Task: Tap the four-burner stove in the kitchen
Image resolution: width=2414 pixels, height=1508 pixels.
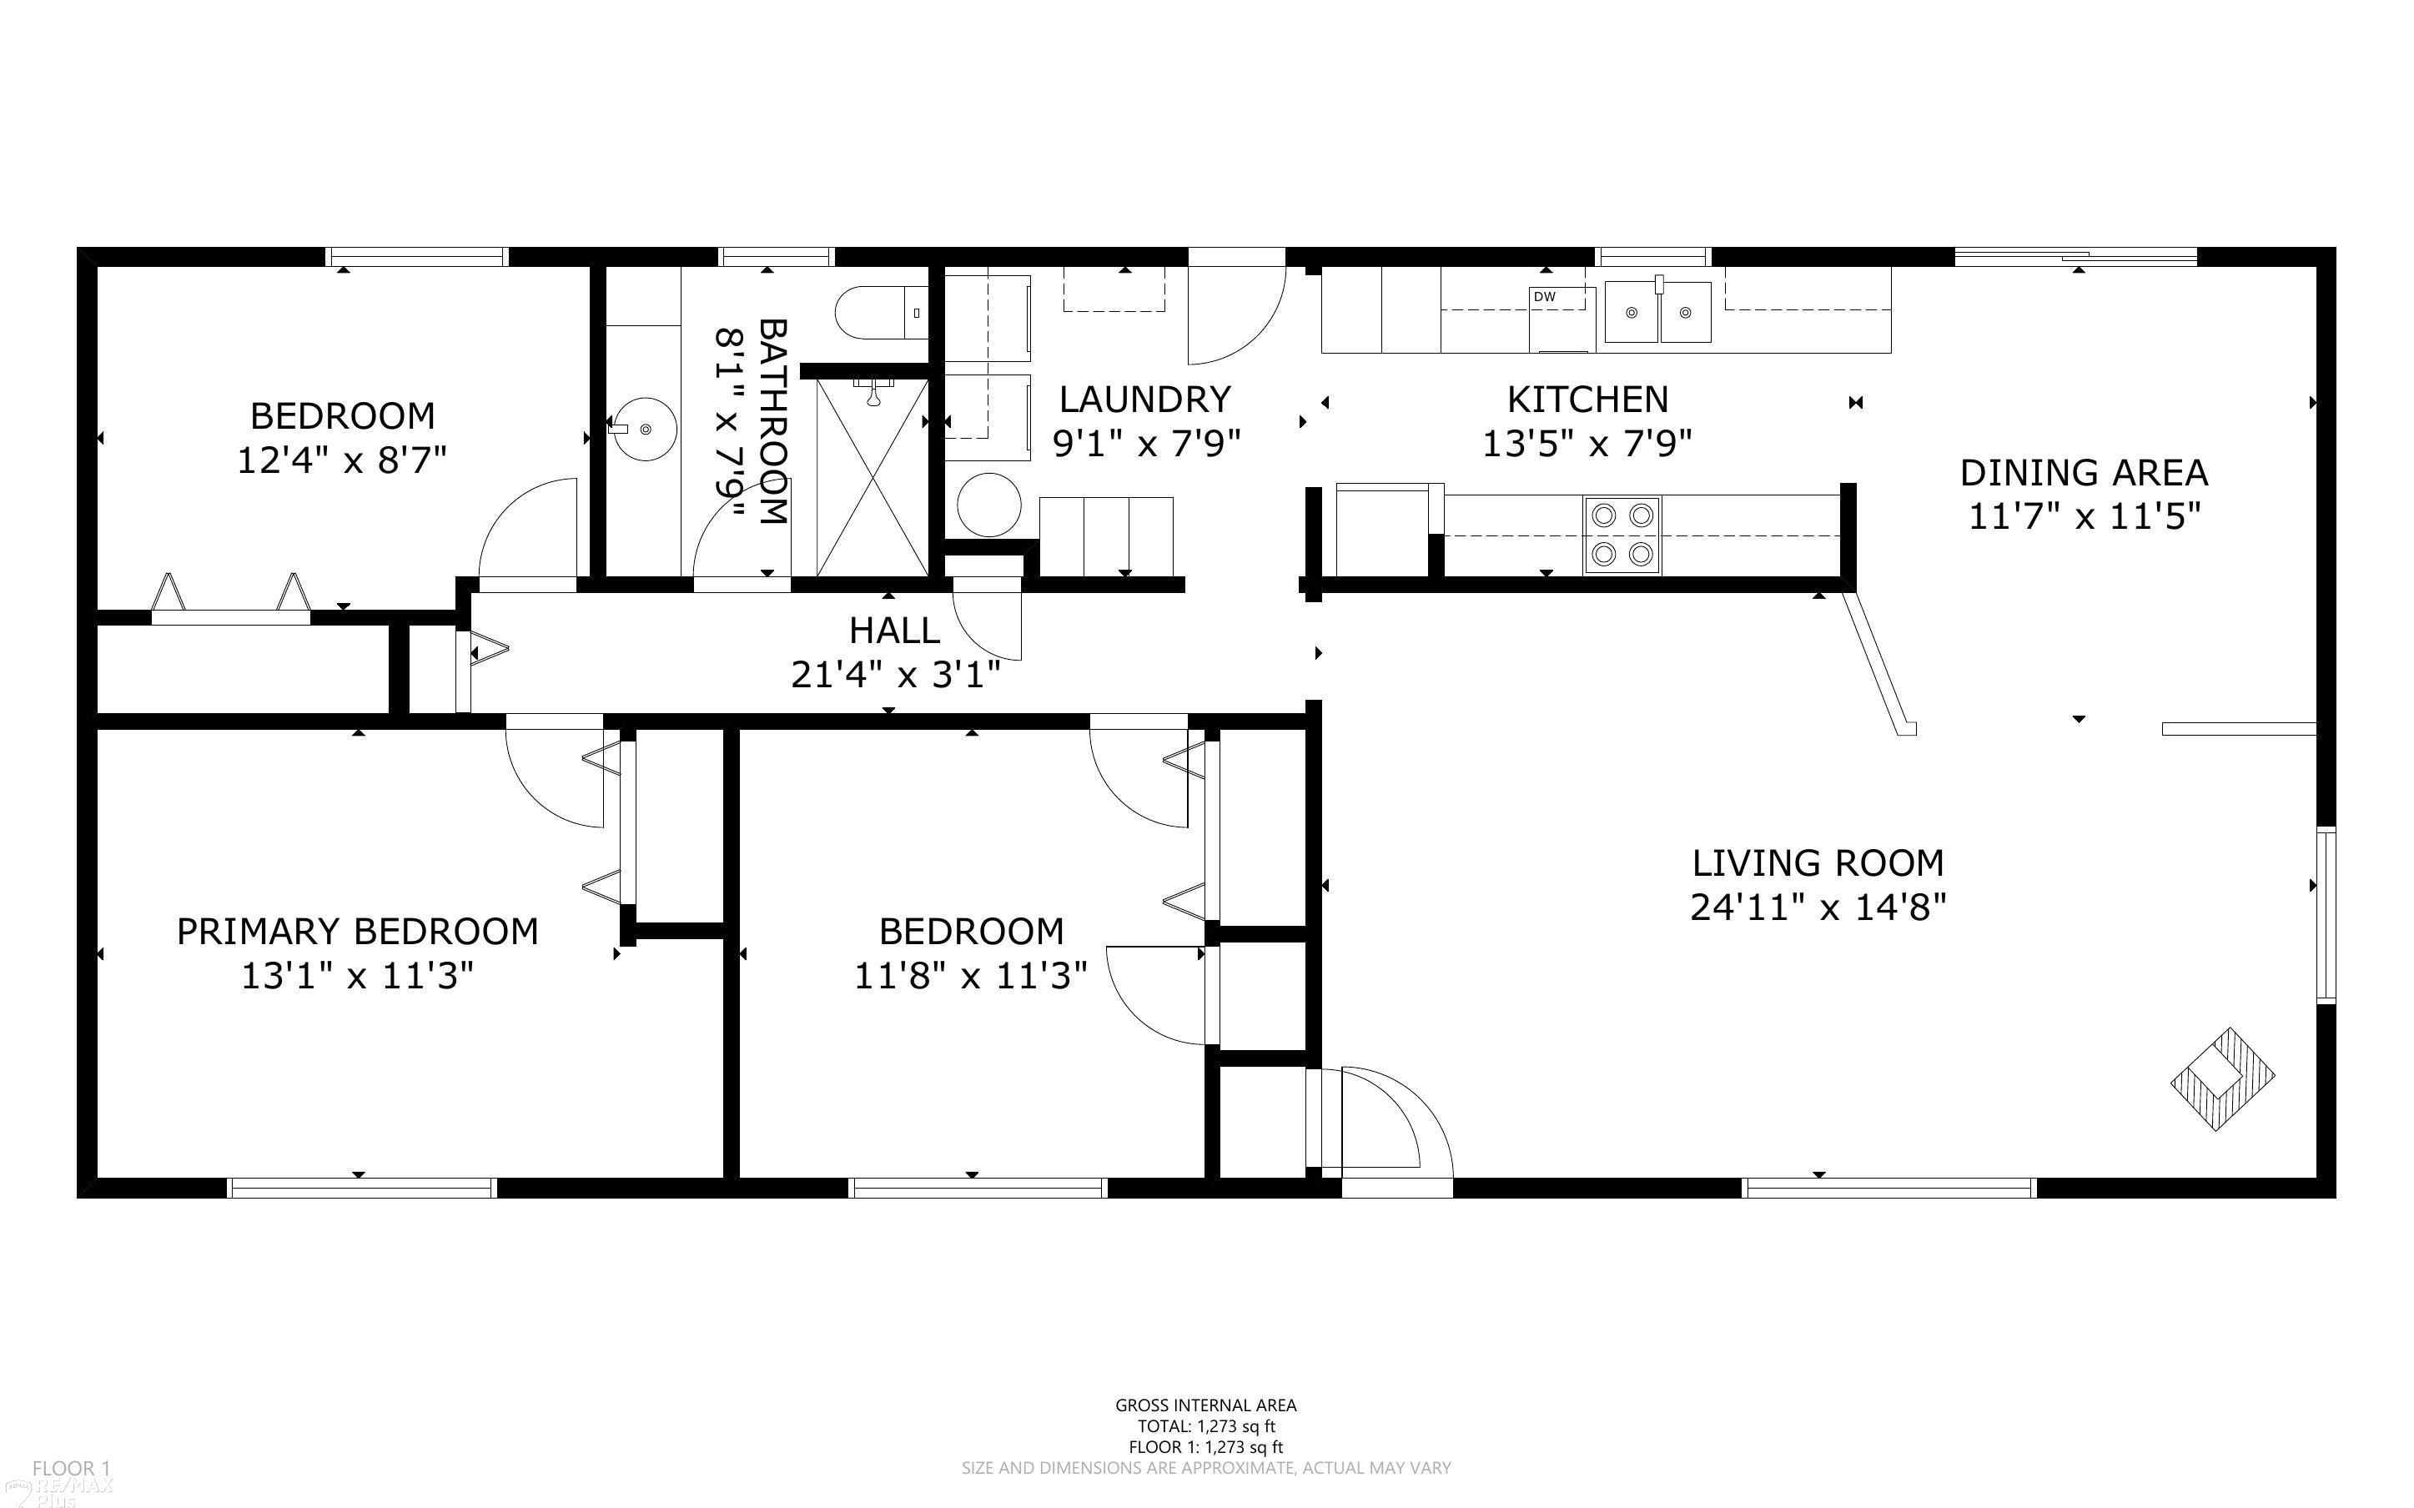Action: (x=1622, y=535)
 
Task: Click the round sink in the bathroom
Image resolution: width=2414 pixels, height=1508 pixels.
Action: (x=643, y=429)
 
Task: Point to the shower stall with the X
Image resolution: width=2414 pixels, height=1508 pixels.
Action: (x=873, y=477)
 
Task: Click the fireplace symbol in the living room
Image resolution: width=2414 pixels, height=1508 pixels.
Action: (x=2222, y=1079)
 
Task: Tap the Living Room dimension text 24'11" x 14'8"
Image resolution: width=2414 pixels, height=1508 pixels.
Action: (x=1818, y=907)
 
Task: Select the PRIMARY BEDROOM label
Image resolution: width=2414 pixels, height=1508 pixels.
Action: (x=357, y=931)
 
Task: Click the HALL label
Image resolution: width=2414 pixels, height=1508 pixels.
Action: (x=893, y=631)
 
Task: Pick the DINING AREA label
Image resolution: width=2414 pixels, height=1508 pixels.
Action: (x=2084, y=472)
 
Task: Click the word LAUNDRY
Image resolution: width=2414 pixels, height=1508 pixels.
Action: (x=1144, y=399)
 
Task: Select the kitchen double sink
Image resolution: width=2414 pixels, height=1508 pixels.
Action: (x=1657, y=312)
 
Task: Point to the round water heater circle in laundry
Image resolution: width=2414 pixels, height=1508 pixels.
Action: (x=989, y=505)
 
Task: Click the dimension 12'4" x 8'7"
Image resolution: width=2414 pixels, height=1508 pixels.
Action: (x=341, y=460)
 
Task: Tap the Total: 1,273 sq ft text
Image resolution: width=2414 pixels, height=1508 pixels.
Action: (x=1205, y=1426)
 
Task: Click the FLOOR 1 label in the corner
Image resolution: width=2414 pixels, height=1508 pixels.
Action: (x=71, y=1468)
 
